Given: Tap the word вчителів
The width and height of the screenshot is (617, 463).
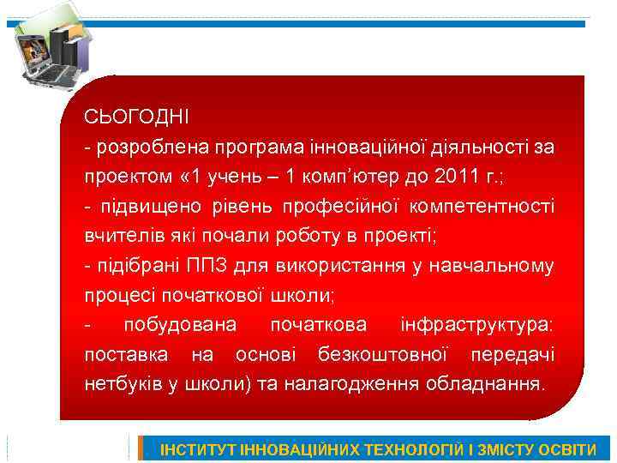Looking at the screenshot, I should click(117, 236).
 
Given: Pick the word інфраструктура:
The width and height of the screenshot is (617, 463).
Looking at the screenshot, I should click(476, 325).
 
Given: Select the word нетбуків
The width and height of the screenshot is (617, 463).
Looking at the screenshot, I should click(119, 383).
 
